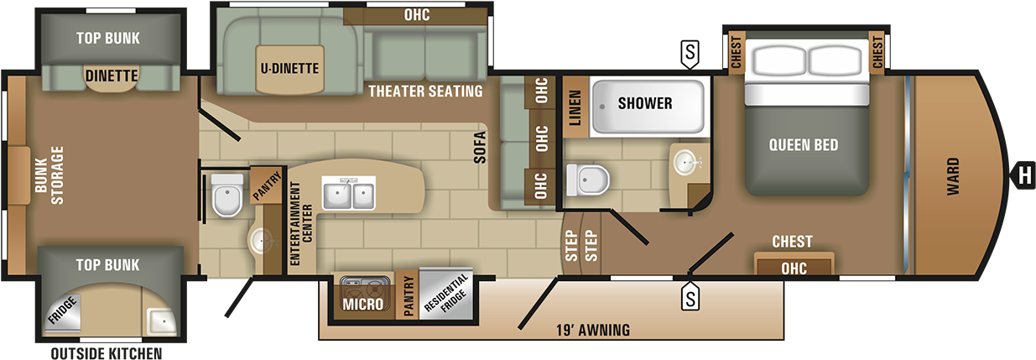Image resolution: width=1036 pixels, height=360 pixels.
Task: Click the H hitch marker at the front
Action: [x=1023, y=176]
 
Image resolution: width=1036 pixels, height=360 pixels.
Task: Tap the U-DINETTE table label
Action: [x=289, y=69]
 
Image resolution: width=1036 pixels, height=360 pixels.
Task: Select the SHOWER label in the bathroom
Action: [x=645, y=103]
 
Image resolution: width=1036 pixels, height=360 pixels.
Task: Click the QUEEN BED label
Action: [x=804, y=145]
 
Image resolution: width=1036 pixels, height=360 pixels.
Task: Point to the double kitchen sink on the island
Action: [x=348, y=192]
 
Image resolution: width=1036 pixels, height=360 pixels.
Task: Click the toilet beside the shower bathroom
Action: [x=587, y=180]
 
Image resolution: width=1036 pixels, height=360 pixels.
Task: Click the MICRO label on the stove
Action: [x=362, y=304]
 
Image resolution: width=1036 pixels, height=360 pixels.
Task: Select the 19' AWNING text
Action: [x=593, y=330]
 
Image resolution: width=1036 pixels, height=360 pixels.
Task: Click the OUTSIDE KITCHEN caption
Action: [x=107, y=353]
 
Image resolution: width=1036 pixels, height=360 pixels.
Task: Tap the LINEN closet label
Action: [x=575, y=107]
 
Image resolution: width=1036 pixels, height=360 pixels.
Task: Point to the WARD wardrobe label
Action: [x=953, y=176]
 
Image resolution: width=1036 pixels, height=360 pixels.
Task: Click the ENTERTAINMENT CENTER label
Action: [x=300, y=223]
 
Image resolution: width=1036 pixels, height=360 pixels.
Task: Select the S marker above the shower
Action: [x=690, y=54]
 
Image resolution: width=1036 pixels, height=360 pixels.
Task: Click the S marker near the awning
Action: [x=690, y=296]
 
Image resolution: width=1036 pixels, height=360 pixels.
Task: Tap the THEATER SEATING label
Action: [x=425, y=91]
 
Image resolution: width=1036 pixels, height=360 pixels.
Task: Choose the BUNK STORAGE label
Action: [x=49, y=175]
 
